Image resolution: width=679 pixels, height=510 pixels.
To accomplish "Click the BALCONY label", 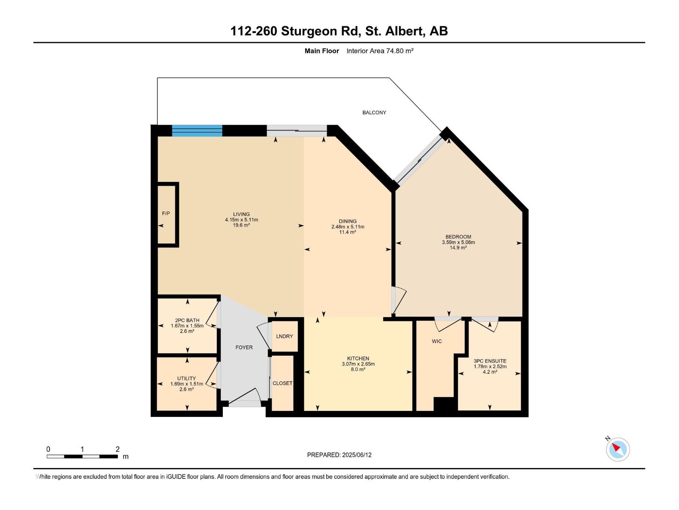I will point(374,113).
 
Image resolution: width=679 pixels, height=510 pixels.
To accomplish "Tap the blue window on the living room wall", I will point(197,130).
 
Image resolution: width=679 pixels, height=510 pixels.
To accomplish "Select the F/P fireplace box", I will point(166,214).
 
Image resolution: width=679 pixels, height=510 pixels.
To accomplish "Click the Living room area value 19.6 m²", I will point(241,225).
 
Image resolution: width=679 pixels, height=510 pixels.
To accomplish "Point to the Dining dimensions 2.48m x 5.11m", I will point(348,227).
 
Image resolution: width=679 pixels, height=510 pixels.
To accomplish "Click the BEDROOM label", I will point(458,237).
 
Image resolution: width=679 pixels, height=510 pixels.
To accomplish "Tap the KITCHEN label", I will point(358,358).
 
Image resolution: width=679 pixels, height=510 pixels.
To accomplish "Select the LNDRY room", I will point(284,336).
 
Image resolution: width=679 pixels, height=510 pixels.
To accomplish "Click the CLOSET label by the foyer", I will point(282,383).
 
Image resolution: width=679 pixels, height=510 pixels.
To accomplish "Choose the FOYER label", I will point(244,347).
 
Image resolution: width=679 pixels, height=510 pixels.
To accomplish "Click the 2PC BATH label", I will point(187,320).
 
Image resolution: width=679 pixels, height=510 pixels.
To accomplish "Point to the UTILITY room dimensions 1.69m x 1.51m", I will point(187,384).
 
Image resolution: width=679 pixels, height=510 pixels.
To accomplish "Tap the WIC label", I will point(437,341).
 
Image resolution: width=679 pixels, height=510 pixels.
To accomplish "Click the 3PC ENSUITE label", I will point(490,361).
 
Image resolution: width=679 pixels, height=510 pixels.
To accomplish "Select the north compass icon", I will point(617,449).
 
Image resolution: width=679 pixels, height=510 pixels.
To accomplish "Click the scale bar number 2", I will point(118,449).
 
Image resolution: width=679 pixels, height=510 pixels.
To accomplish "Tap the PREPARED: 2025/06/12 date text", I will point(339,455).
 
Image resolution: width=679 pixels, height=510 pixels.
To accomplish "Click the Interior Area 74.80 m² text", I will point(380,51).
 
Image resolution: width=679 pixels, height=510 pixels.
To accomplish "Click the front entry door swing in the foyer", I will point(245,396).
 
